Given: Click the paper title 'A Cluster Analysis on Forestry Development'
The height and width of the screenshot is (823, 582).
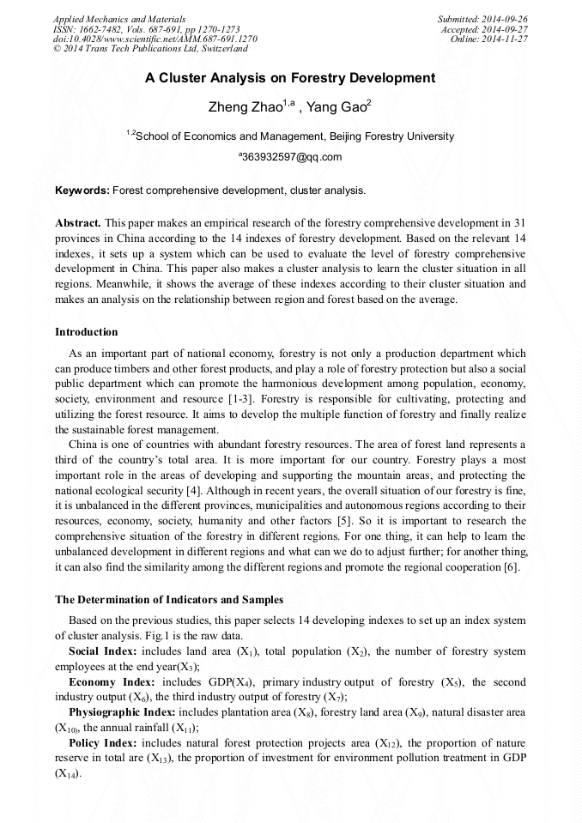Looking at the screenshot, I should [290, 78].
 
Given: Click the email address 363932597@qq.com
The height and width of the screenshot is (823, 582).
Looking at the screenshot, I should [292, 157].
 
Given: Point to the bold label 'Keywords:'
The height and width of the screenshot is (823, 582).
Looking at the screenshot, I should [82, 190].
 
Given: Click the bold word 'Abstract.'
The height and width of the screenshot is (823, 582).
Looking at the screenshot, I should [78, 222].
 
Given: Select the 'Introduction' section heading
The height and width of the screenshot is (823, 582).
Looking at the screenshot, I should [87, 332].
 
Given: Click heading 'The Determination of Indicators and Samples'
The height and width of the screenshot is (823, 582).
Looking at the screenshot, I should [169, 599].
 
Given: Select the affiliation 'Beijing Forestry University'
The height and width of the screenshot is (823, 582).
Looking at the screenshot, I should [391, 136].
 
